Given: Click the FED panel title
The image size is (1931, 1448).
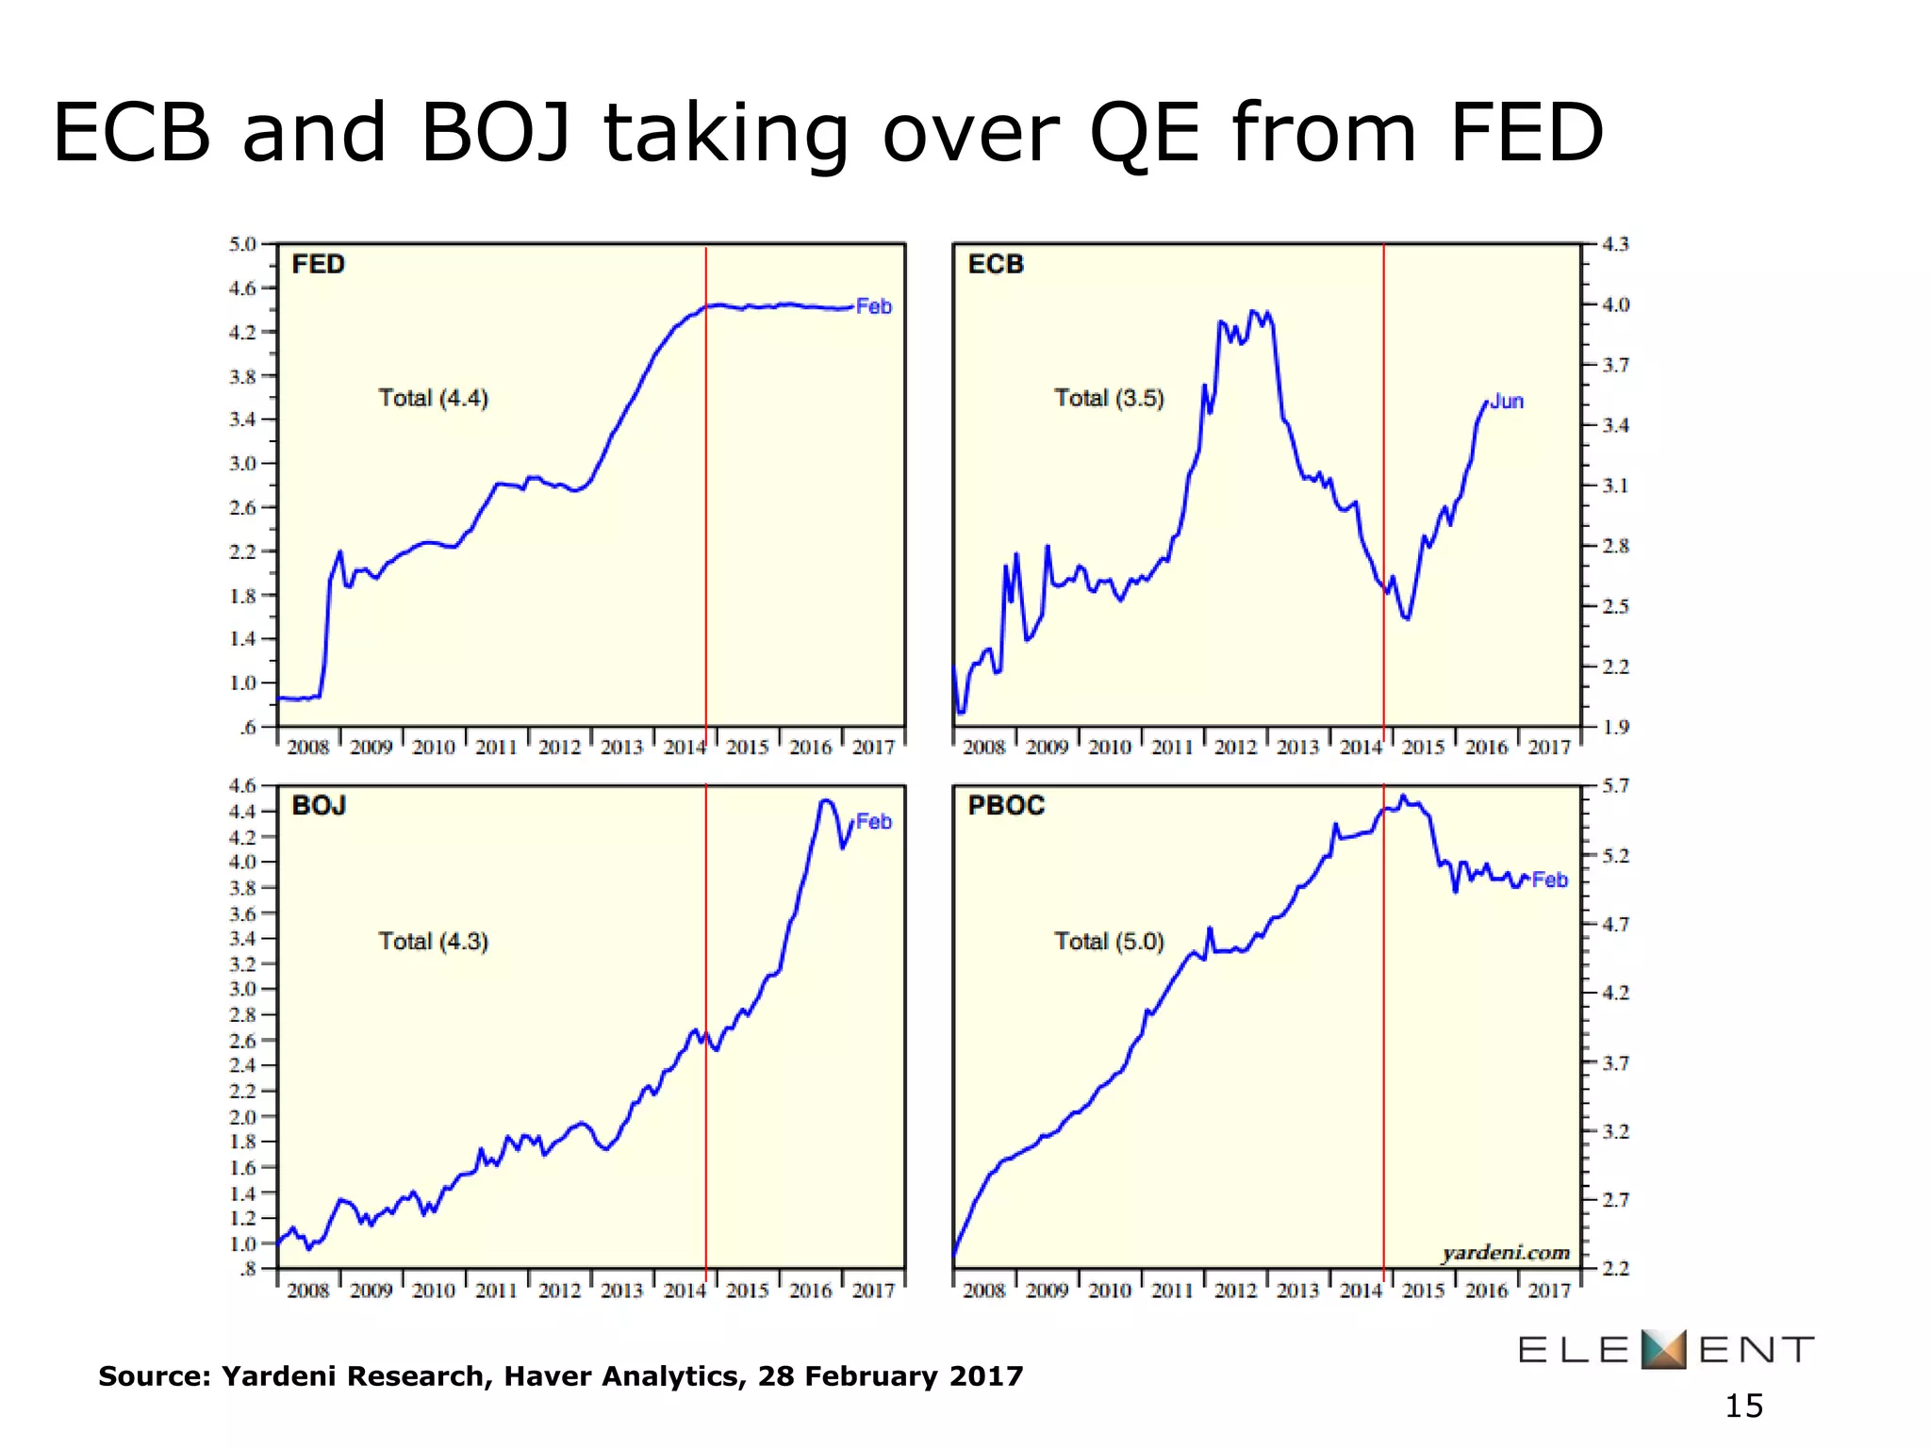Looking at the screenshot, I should pos(318,264).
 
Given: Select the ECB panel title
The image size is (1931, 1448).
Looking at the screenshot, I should pos(995,264).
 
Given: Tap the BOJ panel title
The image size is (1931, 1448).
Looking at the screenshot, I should pos(319,806).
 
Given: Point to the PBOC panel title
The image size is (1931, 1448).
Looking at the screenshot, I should pos(1005,806).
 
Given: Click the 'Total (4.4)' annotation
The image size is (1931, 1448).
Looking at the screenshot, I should pos(433,398).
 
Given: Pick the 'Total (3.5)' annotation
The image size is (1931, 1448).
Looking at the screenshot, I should pos(1109,398).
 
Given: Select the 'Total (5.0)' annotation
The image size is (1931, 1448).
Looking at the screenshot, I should pos(1109,941).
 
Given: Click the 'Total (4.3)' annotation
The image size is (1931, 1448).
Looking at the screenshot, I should pos(433,941).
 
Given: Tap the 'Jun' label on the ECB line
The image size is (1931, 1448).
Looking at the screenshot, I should pos(1507,402).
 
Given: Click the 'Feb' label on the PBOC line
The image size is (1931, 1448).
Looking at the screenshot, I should pos(1549,880).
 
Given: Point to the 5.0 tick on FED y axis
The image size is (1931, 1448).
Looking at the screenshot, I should pos(242,244).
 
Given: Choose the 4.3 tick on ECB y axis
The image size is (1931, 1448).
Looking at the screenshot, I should pos(1615,244).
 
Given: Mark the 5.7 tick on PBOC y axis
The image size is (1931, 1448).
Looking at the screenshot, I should pos(1615,786).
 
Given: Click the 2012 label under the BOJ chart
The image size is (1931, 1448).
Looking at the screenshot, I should pos(559,1290).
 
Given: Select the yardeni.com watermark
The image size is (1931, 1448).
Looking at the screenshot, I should pos(1506,1253).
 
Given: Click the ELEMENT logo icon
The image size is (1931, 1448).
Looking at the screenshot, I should pos(1663,1350).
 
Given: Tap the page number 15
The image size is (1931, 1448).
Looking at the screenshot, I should pos(1743,1407).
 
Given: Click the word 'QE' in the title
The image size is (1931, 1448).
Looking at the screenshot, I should pos(1144,134).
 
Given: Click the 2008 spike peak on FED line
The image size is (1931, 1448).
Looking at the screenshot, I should pos(340,551).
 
